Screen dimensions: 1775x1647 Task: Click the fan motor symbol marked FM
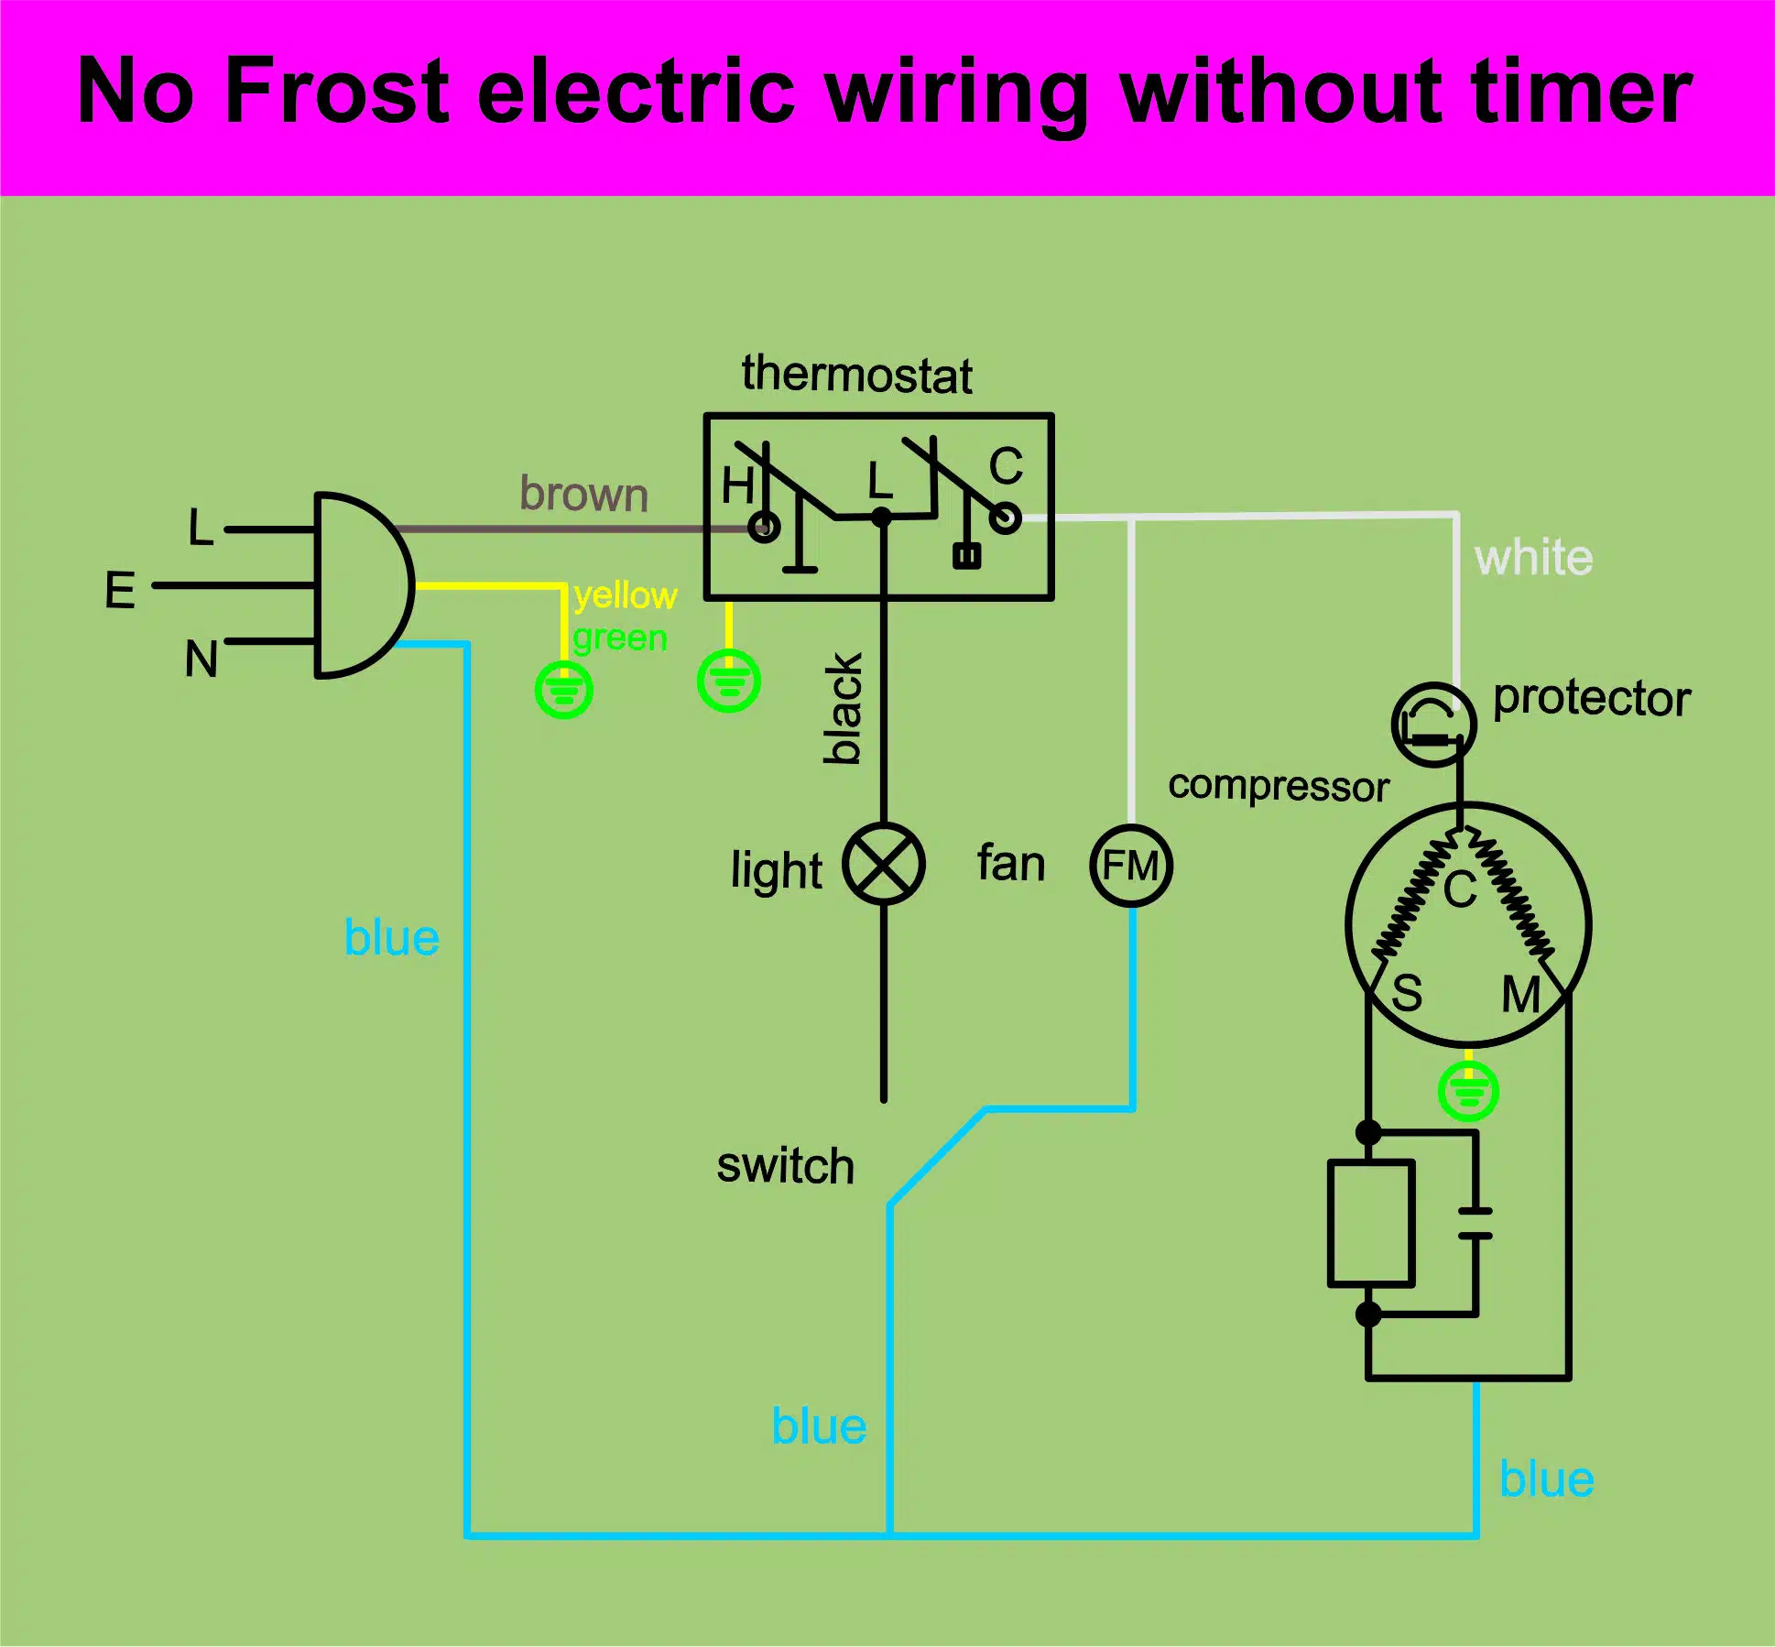point(1131,866)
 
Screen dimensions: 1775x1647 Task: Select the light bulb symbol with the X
point(884,864)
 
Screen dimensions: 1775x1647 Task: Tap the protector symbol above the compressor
point(1433,725)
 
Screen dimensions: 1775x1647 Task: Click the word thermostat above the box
point(856,375)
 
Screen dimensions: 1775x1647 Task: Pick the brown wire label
point(583,494)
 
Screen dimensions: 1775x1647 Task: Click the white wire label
point(1533,557)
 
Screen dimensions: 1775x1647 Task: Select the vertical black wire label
point(844,708)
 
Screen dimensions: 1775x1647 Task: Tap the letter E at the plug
point(120,589)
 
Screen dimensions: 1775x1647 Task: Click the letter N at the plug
point(201,658)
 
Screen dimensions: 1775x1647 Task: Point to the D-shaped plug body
point(362,585)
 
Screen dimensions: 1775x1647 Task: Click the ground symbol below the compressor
point(1468,1091)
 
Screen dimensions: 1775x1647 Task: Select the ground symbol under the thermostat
point(729,681)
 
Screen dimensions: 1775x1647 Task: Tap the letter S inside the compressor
point(1407,993)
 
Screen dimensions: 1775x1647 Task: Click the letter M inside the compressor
point(1520,994)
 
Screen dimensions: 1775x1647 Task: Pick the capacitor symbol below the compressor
point(1475,1223)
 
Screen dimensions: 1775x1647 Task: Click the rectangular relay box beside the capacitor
point(1371,1223)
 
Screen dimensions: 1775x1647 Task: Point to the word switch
point(785,1165)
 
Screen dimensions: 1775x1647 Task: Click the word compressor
point(1279,786)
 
